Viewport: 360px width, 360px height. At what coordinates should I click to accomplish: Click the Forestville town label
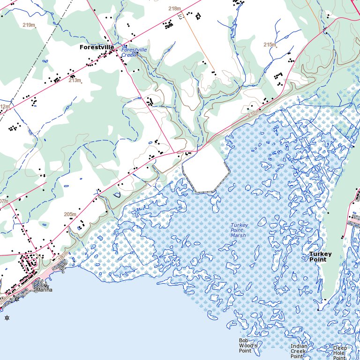[97, 47]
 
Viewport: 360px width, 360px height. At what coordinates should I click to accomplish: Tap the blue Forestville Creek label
[134, 52]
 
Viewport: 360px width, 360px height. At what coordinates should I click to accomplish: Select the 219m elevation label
[29, 25]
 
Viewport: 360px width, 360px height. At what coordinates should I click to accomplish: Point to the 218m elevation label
[174, 8]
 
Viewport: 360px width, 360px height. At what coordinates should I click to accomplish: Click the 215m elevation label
[270, 45]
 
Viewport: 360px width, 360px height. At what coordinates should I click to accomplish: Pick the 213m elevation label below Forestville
[75, 80]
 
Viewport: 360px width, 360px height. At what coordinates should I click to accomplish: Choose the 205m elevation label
[69, 214]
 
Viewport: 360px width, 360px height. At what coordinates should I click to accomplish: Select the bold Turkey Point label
[320, 256]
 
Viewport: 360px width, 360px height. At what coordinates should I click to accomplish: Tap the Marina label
[44, 290]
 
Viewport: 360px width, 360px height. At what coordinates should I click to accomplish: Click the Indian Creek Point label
[299, 351]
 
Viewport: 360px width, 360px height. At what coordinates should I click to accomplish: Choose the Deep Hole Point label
[340, 352]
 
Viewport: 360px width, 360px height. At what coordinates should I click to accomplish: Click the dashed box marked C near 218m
[181, 16]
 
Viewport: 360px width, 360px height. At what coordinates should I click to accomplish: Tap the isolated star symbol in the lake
[7, 318]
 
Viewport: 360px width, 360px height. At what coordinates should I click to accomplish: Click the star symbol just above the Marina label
[47, 285]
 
